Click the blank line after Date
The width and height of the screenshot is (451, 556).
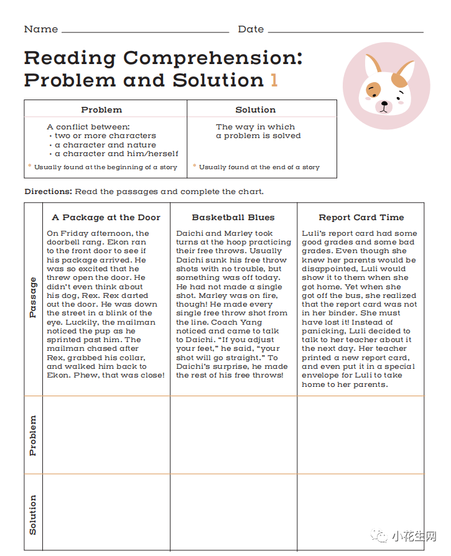(x=345, y=30)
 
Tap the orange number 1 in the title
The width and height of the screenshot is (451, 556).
(x=274, y=80)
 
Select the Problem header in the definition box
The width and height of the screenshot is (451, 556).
(x=101, y=110)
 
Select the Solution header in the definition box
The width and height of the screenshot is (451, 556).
(x=255, y=110)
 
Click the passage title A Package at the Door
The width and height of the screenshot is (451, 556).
(x=106, y=218)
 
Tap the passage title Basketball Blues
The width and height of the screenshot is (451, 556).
(x=233, y=218)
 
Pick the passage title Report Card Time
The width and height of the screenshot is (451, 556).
(x=361, y=218)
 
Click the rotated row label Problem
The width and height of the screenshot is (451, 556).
(x=33, y=435)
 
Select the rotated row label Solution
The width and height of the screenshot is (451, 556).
(x=33, y=514)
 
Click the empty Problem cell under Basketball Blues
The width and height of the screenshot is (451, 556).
(x=233, y=435)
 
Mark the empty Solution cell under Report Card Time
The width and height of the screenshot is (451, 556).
(x=361, y=512)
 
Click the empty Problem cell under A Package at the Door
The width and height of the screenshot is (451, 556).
(x=106, y=435)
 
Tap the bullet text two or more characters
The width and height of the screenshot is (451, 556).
(x=105, y=136)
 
